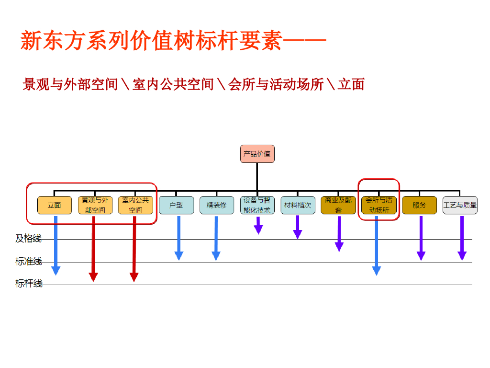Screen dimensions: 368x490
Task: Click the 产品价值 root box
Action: tap(257, 154)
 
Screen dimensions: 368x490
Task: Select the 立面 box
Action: tap(55, 205)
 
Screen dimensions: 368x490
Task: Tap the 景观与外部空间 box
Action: tap(95, 205)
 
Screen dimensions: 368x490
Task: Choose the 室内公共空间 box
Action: tap(135, 205)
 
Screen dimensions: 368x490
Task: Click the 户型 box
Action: tap(176, 205)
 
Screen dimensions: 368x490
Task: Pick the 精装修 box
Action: tap(217, 205)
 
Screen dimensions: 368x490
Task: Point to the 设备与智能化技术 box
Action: tap(257, 205)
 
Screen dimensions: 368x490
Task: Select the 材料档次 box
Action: tap(298, 205)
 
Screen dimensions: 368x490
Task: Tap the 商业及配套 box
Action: tap(338, 205)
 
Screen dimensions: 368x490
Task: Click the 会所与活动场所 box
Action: tap(379, 205)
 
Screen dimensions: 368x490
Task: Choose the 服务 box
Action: tap(419, 205)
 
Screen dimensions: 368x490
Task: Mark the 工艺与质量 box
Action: tap(460, 205)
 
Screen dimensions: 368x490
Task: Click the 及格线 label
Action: tap(28, 239)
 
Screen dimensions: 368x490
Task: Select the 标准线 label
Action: tap(28, 261)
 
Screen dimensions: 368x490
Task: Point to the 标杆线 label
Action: tap(28, 284)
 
